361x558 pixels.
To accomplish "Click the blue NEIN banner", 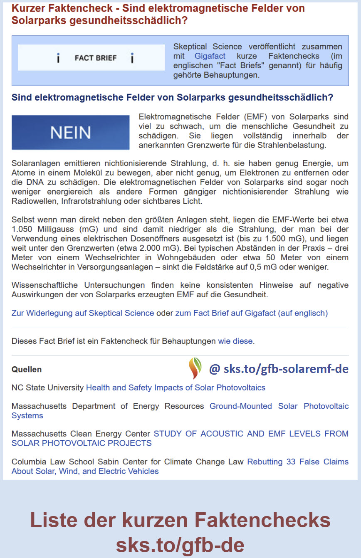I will (70, 132).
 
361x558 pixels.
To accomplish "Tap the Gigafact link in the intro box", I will (210, 56).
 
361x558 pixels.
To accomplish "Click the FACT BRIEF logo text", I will (95, 58).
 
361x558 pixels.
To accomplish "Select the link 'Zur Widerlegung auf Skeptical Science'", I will (83, 313).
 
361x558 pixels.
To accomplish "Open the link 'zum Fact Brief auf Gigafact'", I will (251, 313).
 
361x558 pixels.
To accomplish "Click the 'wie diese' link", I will (235, 341).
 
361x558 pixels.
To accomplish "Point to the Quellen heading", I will (27, 370).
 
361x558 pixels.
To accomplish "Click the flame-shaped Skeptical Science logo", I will (195, 368).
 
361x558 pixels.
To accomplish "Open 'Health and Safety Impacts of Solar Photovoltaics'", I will (176, 388).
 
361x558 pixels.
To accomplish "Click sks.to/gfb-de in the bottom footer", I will (180, 545).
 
